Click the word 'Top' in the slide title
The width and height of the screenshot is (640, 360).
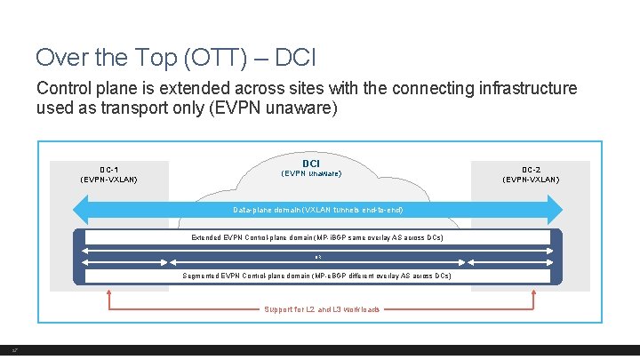(132, 58)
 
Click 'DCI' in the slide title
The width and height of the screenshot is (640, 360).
(290, 58)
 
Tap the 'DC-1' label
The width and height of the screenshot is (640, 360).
(109, 169)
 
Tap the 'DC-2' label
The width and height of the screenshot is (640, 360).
(531, 169)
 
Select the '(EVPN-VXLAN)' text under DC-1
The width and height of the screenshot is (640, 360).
(109, 180)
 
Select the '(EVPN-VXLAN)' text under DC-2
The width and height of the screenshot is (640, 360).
(531, 180)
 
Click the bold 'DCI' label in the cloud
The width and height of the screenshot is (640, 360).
(311, 164)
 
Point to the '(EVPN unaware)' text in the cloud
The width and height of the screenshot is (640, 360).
(311, 173)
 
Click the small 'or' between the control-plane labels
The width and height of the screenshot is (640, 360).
(318, 257)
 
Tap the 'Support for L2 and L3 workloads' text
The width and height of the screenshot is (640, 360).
(322, 309)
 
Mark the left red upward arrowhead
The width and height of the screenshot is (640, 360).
(109, 292)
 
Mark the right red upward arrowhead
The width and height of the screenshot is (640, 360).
(532, 292)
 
